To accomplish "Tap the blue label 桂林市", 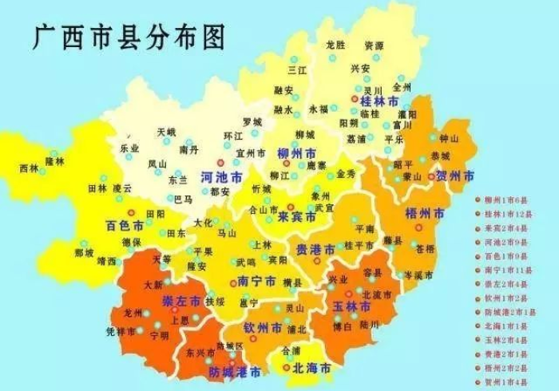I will [x=379, y=101].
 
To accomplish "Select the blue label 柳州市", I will [x=296, y=153].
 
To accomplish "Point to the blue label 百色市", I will [x=125, y=226].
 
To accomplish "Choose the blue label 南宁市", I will [x=257, y=281].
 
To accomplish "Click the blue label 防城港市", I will [x=235, y=372].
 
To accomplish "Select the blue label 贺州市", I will [x=455, y=176].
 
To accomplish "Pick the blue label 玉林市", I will [x=352, y=307].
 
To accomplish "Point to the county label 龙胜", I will [x=336, y=45].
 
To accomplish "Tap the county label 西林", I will [x=29, y=168].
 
